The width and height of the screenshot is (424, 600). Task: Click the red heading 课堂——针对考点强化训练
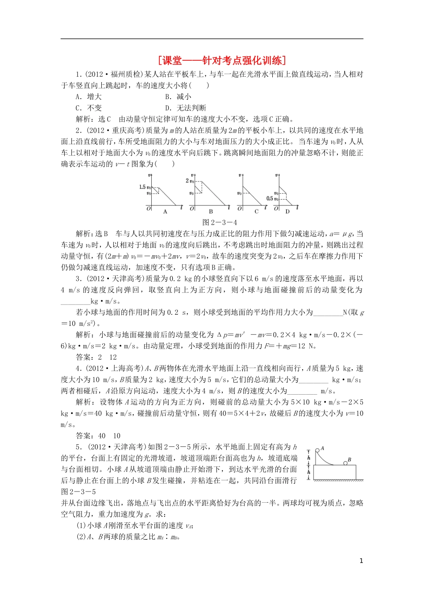point(222,60)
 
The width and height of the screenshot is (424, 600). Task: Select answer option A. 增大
point(89,96)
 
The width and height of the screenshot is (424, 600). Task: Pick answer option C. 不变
point(89,108)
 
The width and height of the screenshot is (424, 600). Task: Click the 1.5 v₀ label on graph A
point(145,187)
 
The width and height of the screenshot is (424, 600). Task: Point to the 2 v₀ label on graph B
point(190,180)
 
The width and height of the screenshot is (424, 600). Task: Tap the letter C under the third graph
point(256,211)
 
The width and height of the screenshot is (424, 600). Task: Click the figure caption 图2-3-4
point(220,222)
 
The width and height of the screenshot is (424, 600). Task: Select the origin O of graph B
point(192,208)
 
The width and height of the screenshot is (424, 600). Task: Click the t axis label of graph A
point(181,207)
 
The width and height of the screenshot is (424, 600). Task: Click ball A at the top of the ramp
point(317,450)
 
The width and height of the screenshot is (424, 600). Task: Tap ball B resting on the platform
point(345,462)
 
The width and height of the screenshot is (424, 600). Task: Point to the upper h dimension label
point(309,457)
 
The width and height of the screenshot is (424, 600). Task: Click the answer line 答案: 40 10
point(98,436)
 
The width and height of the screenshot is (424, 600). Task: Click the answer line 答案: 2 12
point(96,357)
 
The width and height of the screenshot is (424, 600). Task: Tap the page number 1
point(361,561)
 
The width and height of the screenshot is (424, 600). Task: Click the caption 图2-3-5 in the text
point(78,492)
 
